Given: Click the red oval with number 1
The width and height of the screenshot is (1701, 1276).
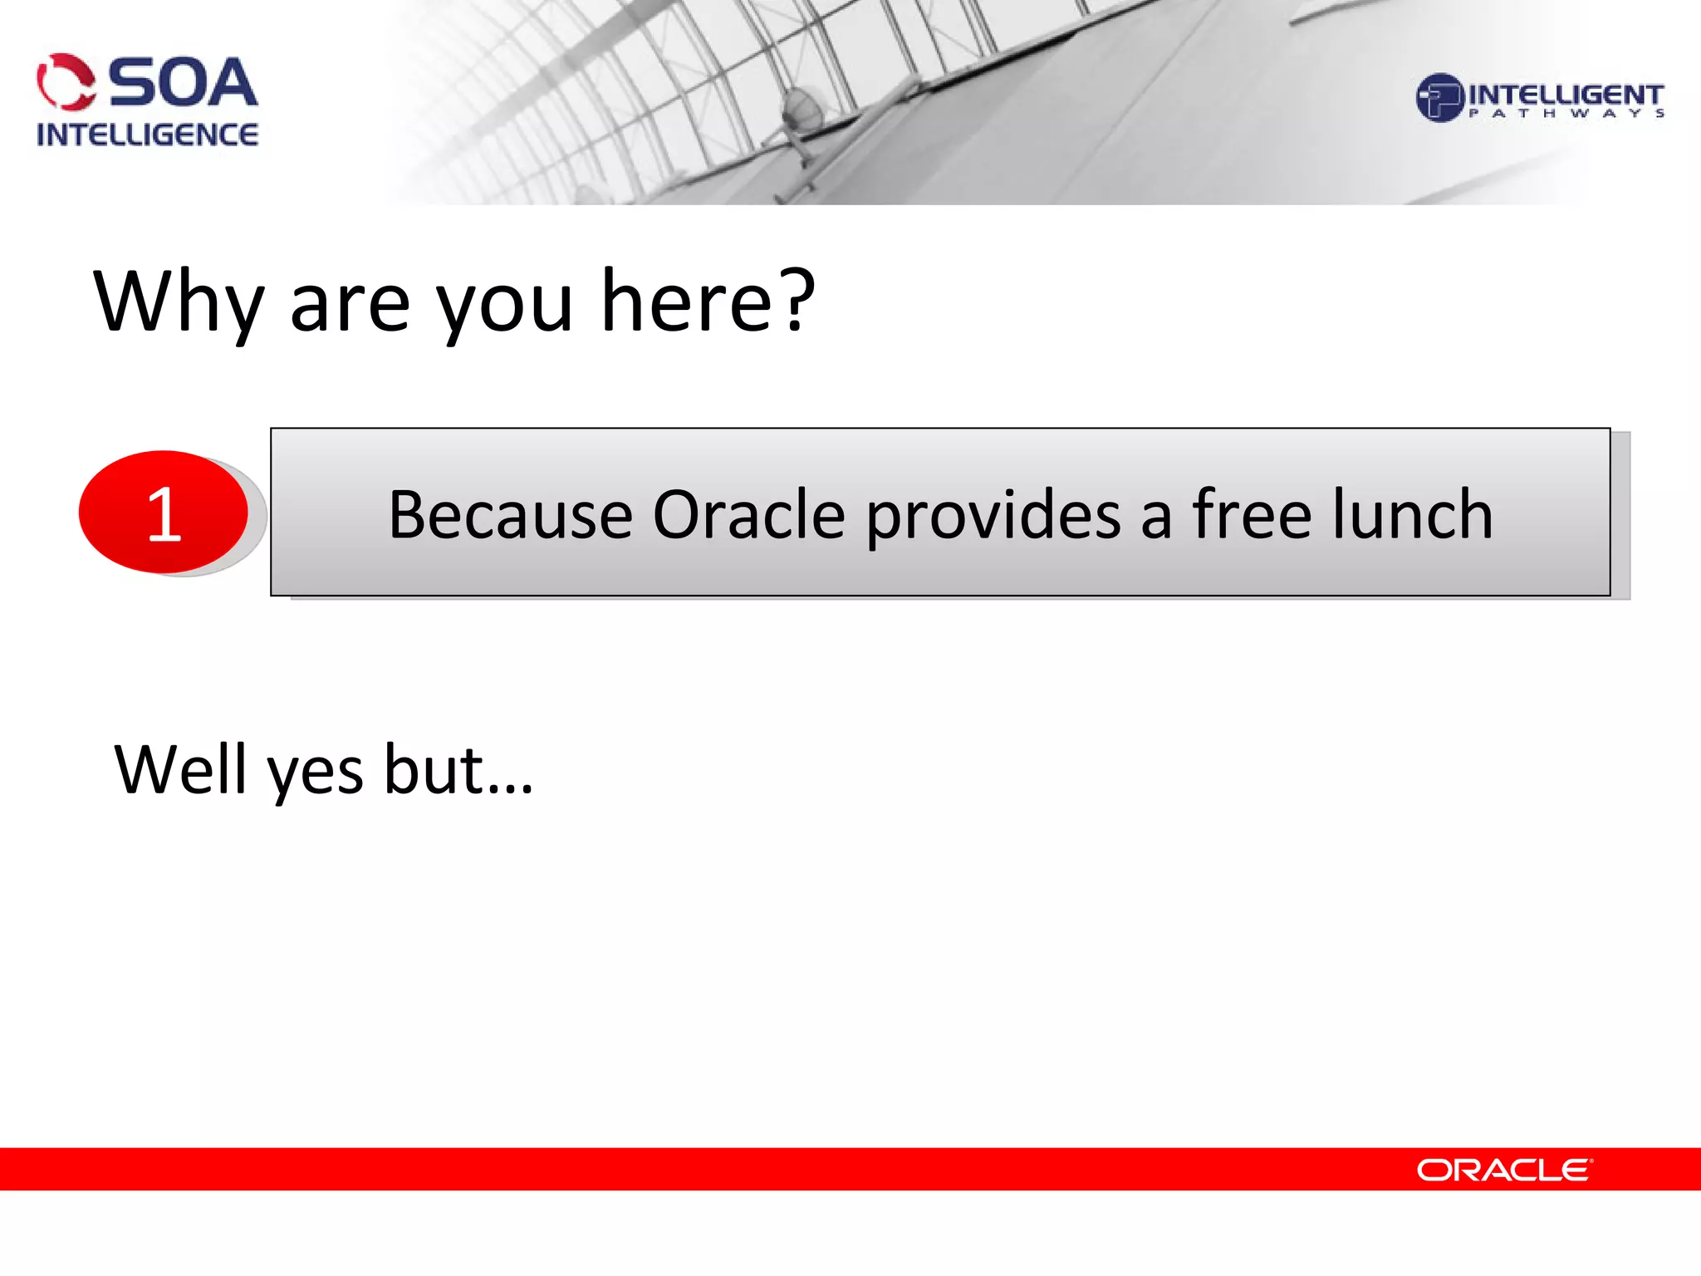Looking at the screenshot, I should pos(164,512).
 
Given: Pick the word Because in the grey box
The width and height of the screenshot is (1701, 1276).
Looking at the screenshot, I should pos(510,515).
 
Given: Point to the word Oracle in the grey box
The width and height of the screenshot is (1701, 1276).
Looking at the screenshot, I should pos(749,515).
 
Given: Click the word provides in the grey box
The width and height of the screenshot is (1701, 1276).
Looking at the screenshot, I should pos(993,517).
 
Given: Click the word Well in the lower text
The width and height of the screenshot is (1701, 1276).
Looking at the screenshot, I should pos(180,770).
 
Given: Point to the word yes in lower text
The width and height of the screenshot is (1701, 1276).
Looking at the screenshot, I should pos(314,773).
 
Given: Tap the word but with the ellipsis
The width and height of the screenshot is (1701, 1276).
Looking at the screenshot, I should pos(457,770).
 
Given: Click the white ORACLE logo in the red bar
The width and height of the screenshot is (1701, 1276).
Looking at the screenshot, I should pos(1503,1170).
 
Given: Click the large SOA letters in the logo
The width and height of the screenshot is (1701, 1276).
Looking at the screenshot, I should pos(183,83).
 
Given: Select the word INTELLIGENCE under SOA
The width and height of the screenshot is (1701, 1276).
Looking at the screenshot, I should pos(147,135).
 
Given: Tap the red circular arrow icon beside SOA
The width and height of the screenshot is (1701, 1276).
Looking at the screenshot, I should pos(66,82).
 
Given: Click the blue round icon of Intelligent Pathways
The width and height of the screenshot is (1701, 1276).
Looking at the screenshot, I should pos(1439,98).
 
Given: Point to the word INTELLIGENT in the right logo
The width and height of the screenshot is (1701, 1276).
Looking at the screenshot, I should pos(1566,94).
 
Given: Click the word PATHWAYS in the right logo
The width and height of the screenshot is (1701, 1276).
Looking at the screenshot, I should pos(1566,114).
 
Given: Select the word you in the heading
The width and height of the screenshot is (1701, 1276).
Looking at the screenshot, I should pos(505,303).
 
